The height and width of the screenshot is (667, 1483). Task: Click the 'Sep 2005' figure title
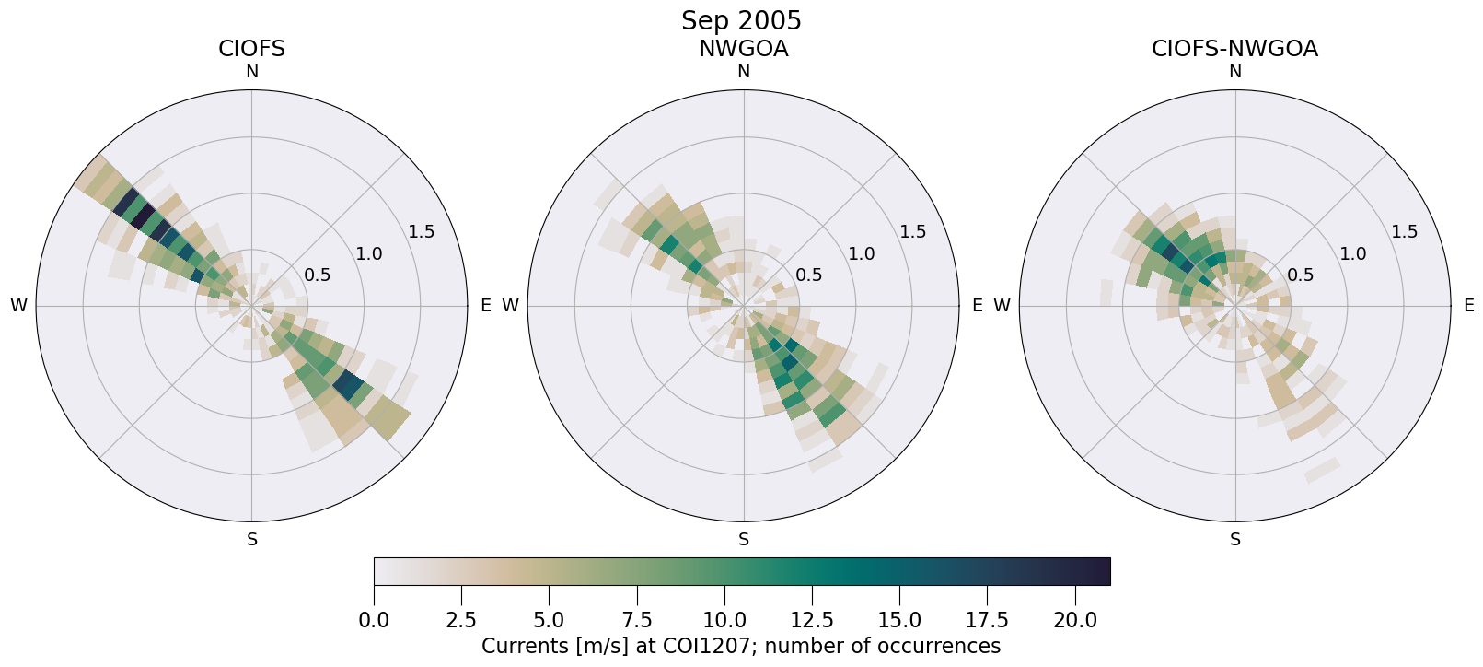(x=741, y=20)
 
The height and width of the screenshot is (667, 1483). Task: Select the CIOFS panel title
(x=251, y=49)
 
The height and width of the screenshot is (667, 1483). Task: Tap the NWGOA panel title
(x=743, y=49)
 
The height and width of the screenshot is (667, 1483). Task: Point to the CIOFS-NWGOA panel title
(x=1234, y=49)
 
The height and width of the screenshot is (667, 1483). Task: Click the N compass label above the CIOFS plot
(x=251, y=72)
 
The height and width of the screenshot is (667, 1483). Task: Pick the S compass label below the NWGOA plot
(x=744, y=540)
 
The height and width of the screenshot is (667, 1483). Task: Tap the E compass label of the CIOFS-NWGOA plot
(x=1468, y=306)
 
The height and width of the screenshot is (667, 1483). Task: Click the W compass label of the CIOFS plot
(x=18, y=306)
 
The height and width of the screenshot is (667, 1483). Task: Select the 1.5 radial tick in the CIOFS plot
(x=421, y=231)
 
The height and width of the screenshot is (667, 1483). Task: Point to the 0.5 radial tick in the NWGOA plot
(x=809, y=275)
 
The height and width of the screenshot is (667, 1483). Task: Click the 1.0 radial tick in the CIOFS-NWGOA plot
(x=1352, y=253)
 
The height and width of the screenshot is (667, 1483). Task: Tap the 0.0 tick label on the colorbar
(x=374, y=621)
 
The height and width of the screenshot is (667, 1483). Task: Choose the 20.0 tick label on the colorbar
(x=1075, y=621)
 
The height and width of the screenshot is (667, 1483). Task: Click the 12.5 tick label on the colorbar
(x=812, y=621)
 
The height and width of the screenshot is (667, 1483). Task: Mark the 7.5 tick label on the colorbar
(x=637, y=621)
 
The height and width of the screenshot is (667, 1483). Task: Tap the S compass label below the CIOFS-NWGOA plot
(x=1235, y=540)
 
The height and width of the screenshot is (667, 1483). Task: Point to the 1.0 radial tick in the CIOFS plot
(x=369, y=253)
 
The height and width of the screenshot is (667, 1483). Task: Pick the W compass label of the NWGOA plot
(x=510, y=306)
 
